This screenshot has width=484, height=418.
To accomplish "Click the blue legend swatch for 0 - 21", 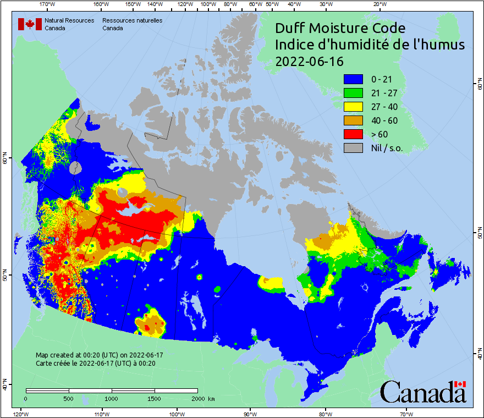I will pyautogui.click(x=354, y=79).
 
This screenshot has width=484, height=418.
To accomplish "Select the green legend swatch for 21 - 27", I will pyautogui.click(x=354, y=93).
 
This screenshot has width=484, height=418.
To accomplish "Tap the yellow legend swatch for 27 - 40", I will pyautogui.click(x=354, y=107).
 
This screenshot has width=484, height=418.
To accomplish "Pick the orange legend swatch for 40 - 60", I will pyautogui.click(x=354, y=120).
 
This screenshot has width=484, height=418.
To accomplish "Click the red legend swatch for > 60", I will pyautogui.click(x=354, y=134).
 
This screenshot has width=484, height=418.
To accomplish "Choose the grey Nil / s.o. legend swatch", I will pyautogui.click(x=354, y=147).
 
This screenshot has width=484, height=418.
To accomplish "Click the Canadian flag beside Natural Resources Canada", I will pyautogui.click(x=30, y=24).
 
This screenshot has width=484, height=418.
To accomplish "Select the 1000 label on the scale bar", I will pyautogui.click(x=112, y=398).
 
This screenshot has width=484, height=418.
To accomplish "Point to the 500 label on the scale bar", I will pyautogui.click(x=69, y=398).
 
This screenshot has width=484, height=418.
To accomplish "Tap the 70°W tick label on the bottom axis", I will pyautogui.click(x=406, y=414).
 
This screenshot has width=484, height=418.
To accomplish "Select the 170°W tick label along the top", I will pyautogui.click(x=48, y=4).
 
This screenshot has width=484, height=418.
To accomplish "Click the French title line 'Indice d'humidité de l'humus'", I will pyautogui.click(x=370, y=45).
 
